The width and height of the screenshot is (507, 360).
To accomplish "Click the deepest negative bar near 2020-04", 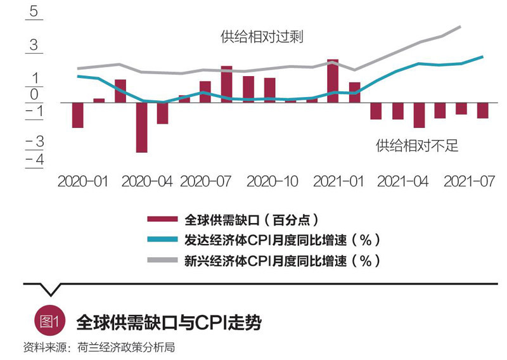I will (x=141, y=127).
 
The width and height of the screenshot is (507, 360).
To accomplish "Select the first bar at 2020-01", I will (x=78, y=115).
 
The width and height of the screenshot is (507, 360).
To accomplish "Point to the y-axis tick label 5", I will (x=33, y=13).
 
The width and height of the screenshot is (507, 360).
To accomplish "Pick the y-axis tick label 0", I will (x=34, y=95).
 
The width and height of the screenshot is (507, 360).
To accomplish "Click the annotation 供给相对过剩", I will (x=262, y=37).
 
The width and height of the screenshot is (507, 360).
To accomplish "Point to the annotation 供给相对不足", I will (x=416, y=146).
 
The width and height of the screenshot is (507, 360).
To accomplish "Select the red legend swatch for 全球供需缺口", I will (x=163, y=220).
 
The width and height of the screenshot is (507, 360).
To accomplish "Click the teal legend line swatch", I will (x=163, y=240).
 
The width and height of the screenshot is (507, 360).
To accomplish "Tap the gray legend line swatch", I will (x=163, y=260).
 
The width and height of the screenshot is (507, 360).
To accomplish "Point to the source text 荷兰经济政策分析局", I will (x=125, y=347).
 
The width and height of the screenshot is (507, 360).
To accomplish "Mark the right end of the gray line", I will (x=459, y=27).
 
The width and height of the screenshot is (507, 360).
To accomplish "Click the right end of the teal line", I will (x=483, y=56).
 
